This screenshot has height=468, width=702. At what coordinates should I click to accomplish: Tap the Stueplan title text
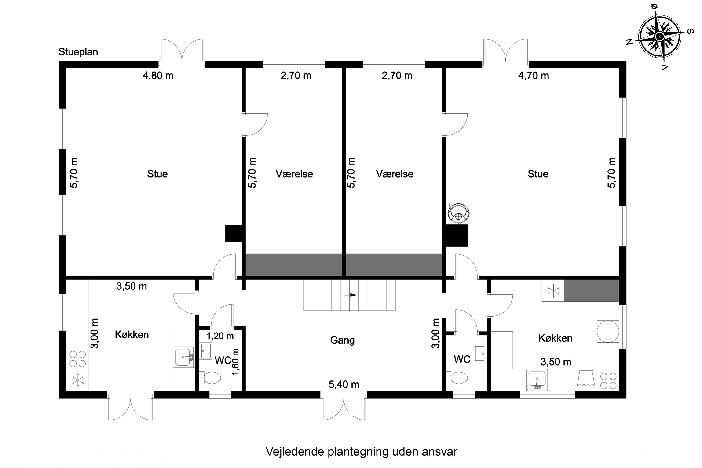(x=78, y=52)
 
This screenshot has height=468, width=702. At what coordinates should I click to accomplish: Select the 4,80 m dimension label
(x=158, y=76)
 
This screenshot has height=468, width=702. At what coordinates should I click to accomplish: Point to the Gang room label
(x=342, y=340)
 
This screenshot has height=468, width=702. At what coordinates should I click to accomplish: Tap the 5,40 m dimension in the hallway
(x=344, y=384)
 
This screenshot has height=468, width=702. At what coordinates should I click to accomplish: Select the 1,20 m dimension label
(x=220, y=336)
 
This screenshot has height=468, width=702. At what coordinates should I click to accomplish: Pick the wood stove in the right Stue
(x=458, y=212)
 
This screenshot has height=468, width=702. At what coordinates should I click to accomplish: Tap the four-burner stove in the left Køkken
(x=78, y=359)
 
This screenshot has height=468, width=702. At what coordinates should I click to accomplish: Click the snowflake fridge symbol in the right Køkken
(x=553, y=290)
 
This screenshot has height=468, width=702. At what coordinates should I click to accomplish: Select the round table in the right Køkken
(x=607, y=331)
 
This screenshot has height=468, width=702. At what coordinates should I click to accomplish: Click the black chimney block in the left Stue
(x=234, y=233)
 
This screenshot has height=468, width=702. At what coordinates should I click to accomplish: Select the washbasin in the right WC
(x=481, y=353)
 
